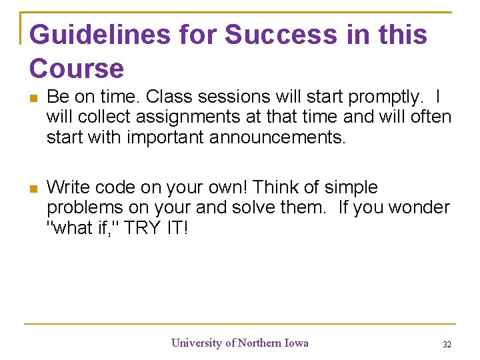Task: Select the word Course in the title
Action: (77, 69)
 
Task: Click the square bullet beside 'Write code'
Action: (34, 189)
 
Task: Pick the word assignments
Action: (187, 117)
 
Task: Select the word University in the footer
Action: (197, 343)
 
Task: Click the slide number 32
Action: (447, 345)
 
